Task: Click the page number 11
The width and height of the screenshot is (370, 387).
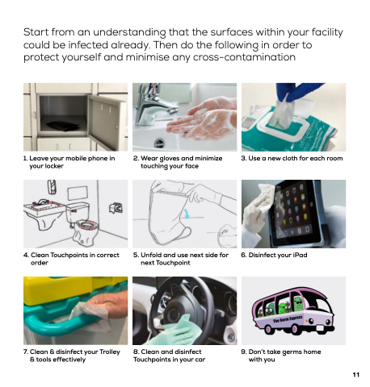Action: [355, 375]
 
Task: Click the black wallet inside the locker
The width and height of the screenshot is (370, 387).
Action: [63, 126]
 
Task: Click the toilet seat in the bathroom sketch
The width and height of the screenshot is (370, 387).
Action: [86, 224]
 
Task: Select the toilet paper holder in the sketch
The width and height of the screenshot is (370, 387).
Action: [116, 208]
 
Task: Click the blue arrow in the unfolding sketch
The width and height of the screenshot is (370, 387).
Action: [187, 214]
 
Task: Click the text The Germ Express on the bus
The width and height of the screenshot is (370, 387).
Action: [288, 319]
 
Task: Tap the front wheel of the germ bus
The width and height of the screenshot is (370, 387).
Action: [296, 329]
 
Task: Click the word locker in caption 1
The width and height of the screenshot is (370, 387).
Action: [54, 166]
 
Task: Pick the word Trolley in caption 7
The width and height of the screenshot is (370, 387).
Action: [110, 352]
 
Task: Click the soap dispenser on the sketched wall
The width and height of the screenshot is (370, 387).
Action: [52, 187]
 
